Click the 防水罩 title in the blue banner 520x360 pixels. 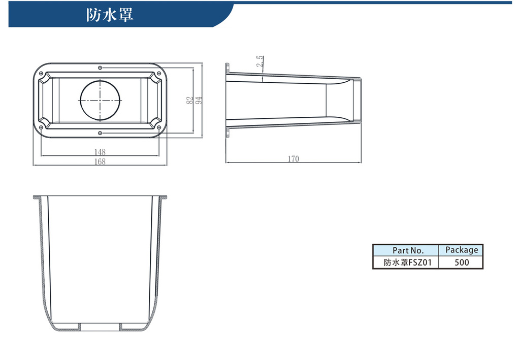tap(110, 15)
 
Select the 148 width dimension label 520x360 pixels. tap(100, 152)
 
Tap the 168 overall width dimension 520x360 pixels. tap(100, 161)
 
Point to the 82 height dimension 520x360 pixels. tap(189, 100)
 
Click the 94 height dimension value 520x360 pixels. tap(199, 100)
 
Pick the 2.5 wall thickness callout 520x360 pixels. tap(260, 61)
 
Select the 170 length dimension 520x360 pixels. tap(293, 159)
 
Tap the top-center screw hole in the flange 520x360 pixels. tap(100, 68)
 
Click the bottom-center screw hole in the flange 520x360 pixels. tap(100, 133)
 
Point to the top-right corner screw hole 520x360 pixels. tap(159, 73)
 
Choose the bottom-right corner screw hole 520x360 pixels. tap(159, 127)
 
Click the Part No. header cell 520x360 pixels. tap(406, 250)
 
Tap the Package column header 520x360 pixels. tap(461, 250)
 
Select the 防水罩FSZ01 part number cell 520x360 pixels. tap(406, 262)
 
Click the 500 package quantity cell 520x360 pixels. tap(461, 262)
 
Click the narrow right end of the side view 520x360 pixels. tap(356, 100)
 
